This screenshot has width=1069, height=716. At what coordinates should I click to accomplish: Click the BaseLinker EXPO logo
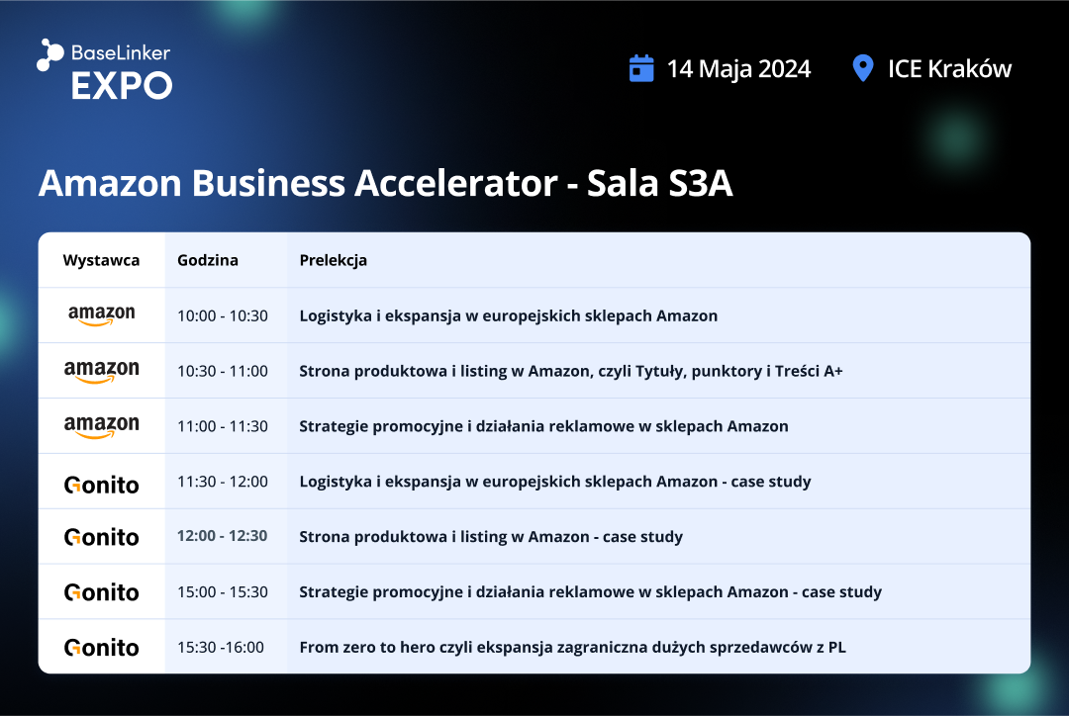[x=104, y=69]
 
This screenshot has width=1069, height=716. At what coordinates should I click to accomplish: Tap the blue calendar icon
[x=640, y=68]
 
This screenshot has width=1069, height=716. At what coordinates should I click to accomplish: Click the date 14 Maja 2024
[x=739, y=69]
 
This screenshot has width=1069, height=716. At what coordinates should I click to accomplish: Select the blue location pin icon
[x=863, y=68]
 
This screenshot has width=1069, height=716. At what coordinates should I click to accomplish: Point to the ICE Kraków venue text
[x=949, y=69]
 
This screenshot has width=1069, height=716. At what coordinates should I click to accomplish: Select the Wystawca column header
[x=101, y=260]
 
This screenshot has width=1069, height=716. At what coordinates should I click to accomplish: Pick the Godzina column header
[x=208, y=260]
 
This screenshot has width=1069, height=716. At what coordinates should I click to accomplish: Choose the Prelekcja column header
[x=334, y=260]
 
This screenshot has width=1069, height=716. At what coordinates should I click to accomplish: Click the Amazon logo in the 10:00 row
[x=102, y=314]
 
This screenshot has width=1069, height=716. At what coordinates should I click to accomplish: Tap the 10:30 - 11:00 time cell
[x=223, y=371]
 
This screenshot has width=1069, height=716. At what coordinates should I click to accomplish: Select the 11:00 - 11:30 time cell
[x=223, y=426]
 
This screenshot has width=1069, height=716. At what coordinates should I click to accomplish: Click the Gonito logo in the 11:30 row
[x=102, y=485]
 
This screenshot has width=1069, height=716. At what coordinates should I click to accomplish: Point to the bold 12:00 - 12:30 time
[x=223, y=536]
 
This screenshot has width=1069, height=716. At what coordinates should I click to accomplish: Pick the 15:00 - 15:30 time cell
[x=223, y=592]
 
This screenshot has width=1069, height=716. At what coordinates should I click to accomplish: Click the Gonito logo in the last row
[x=102, y=647]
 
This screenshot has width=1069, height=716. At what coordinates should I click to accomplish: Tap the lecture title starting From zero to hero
[x=573, y=647]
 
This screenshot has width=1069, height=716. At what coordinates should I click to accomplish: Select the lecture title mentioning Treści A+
[x=571, y=371]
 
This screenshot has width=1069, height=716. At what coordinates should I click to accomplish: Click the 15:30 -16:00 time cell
[x=220, y=647]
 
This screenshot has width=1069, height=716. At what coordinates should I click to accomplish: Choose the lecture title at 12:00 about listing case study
[x=491, y=537]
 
